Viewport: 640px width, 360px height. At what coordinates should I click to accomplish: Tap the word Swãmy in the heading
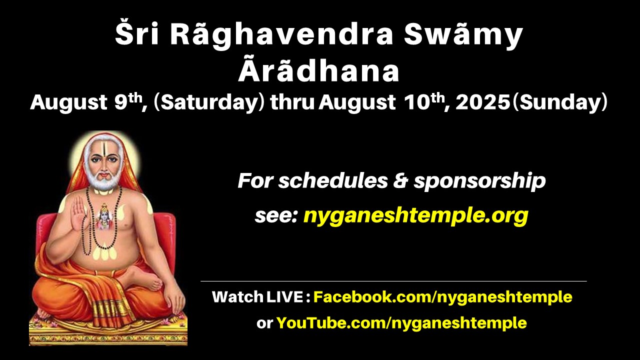coord(463,35)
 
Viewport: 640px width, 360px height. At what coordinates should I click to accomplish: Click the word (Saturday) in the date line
coord(208,102)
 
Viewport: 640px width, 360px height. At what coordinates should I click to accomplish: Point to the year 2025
coord(483,102)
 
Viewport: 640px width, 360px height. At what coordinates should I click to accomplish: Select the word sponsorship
coord(479,181)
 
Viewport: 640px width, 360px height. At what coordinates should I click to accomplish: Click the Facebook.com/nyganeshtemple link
coord(443,297)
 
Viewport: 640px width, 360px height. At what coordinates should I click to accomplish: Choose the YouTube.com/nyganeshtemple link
coord(401,323)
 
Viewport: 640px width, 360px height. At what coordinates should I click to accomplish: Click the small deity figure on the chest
coord(104,216)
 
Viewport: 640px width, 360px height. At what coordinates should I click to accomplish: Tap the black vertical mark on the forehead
coord(105,151)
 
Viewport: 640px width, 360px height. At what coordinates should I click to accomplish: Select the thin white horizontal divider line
coord(393,281)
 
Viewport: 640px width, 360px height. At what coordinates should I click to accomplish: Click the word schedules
coord(333,181)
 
